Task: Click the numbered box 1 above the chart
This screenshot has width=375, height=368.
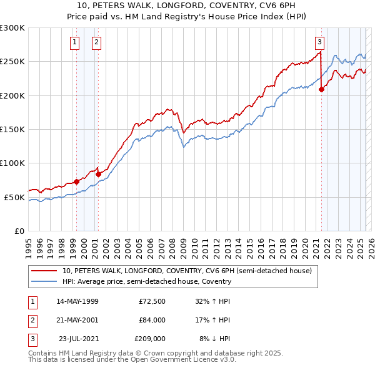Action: pyautogui.click(x=75, y=42)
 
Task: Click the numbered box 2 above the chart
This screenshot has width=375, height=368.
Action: pyautogui.click(x=97, y=42)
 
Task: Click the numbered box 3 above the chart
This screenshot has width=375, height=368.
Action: pyautogui.click(x=319, y=42)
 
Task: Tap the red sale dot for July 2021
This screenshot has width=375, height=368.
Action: pyautogui.click(x=321, y=89)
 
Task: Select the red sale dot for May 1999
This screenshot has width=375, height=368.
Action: pyautogui.click(x=76, y=182)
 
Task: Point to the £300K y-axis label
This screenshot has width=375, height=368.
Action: pyautogui.click(x=12, y=28)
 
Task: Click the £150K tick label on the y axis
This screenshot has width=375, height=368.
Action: pyautogui.click(x=12, y=130)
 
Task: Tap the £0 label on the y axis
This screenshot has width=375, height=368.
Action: pyautogui.click(x=19, y=231)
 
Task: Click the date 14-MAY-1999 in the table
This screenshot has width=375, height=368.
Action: pyautogui.click(x=77, y=301)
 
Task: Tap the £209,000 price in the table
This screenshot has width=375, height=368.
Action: pyautogui.click(x=149, y=339)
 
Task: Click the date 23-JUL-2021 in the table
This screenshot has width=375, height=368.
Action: pyautogui.click(x=79, y=339)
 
